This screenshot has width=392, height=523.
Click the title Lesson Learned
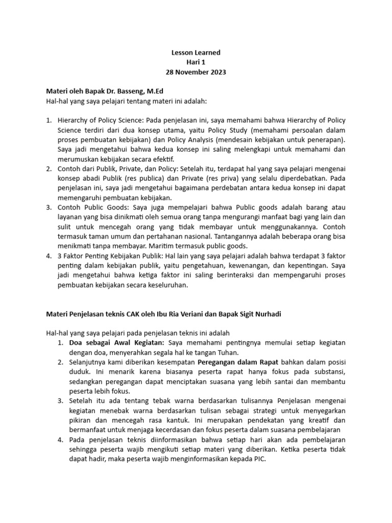(195, 53)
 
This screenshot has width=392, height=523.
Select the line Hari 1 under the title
(195, 62)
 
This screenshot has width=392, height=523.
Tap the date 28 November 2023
(195, 72)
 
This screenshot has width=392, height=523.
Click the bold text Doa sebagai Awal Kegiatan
(117, 343)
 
